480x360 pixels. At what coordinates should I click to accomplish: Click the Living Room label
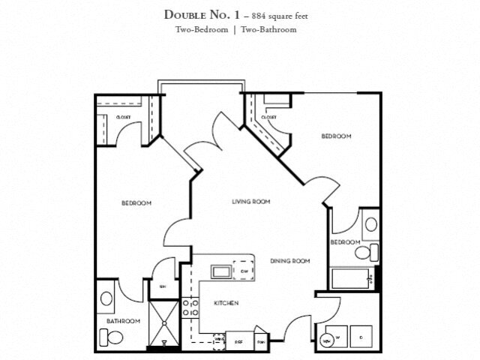coord(250,202)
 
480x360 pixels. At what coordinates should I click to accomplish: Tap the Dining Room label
coord(289,261)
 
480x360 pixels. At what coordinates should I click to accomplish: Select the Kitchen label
coord(226,303)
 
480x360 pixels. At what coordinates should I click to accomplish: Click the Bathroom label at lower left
coord(123,321)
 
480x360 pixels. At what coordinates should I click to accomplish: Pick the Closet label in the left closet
coord(123,117)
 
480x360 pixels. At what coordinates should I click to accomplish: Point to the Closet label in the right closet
coord(268,117)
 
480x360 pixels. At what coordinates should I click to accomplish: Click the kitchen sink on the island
coord(222,270)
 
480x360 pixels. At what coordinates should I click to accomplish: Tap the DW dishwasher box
coord(244,271)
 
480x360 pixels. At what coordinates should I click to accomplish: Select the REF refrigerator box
coord(238,341)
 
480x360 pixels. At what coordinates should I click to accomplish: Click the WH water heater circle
coord(327,340)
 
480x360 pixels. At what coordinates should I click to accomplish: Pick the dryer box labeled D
coord(361,336)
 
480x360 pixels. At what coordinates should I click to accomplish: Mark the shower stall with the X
coord(163,325)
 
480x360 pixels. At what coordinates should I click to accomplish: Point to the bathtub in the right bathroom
coord(351,279)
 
